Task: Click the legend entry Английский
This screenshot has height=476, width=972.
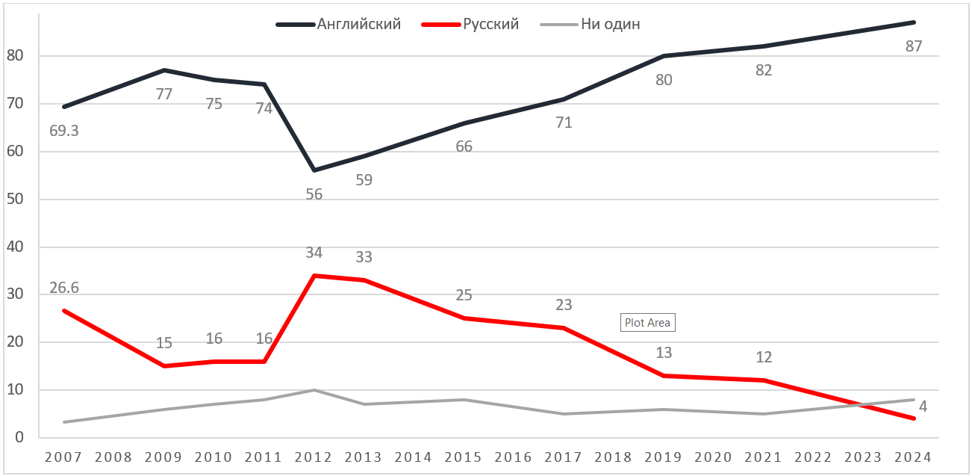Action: (x=359, y=24)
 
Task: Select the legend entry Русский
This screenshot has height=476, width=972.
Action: (x=490, y=24)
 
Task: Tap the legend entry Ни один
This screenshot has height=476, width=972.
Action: (x=610, y=24)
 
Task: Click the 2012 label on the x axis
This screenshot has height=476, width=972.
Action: (x=314, y=457)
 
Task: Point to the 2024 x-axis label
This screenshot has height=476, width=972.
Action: (x=914, y=457)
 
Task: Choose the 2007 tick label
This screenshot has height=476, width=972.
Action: (x=65, y=457)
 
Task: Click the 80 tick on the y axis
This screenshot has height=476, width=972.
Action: (x=15, y=56)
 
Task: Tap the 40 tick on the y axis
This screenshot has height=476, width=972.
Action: (x=15, y=247)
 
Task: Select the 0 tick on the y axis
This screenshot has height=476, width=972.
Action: (x=20, y=437)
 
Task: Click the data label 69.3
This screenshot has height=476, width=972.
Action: (x=64, y=131)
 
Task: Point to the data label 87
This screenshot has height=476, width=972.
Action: (x=913, y=46)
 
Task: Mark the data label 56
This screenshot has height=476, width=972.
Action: (x=314, y=194)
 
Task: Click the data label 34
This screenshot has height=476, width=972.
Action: (x=314, y=253)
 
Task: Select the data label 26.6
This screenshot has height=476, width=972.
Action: (x=64, y=288)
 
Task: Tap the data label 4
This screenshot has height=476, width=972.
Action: (x=923, y=407)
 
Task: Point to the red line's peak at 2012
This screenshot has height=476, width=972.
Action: (x=314, y=276)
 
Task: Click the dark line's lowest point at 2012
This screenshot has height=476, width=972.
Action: (x=314, y=170)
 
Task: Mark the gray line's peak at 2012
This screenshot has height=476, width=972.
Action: (x=314, y=390)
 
